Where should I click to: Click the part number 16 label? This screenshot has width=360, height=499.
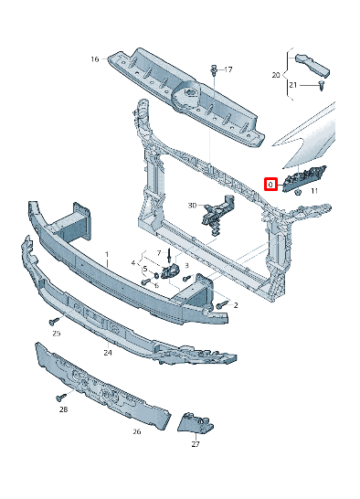click(94, 59)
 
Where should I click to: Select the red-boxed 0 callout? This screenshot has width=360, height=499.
click(270, 184)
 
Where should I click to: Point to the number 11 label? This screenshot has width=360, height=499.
click(313, 192)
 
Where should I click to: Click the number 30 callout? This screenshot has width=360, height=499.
click(193, 206)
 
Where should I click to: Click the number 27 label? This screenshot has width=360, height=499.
click(196, 445)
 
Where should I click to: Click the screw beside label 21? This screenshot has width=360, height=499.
click(323, 85)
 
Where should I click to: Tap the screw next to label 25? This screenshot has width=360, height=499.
click(54, 321)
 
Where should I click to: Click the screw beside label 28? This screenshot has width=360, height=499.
click(61, 397)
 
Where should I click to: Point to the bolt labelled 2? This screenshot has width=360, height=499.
click(221, 304)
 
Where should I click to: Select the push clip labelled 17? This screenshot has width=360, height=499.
click(213, 69)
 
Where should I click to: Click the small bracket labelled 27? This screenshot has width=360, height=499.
click(196, 423)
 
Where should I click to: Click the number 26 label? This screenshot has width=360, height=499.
click(136, 431)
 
